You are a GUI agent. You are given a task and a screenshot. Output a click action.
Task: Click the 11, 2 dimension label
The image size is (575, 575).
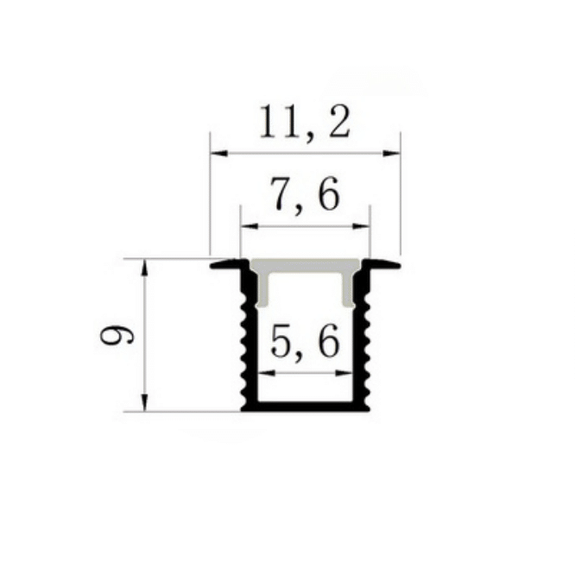point(305,123)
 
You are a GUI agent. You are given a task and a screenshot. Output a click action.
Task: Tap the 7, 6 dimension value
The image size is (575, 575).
point(305,195)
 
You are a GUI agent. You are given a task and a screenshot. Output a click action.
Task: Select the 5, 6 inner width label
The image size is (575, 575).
point(305,342)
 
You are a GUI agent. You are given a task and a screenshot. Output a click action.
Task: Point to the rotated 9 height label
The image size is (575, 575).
point(117,336)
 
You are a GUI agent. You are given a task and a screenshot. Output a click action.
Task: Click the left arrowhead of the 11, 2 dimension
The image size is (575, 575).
point(218,153)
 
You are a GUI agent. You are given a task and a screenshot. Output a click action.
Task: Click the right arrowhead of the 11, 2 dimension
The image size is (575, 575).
point(391,153)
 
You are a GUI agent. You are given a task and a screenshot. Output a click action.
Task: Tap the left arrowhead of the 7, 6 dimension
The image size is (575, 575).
point(249,226)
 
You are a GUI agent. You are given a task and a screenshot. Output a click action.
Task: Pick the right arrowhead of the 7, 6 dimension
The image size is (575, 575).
point(361,226)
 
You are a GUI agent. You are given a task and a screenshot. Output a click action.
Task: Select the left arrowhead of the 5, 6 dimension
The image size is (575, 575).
point(267,373)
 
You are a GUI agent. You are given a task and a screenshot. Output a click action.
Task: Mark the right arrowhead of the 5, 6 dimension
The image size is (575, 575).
point(344,373)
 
